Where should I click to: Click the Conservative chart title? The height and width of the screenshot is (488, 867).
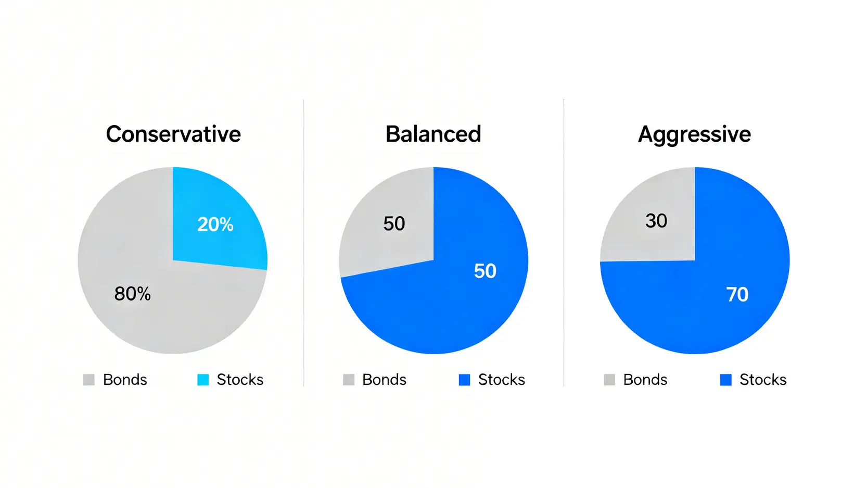point(173,134)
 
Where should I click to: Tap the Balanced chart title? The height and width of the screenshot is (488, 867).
point(433,134)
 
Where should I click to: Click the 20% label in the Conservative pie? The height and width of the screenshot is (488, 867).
point(215,224)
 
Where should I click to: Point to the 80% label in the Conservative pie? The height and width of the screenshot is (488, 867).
point(132,294)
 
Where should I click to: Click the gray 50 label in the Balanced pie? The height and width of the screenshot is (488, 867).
point(394,223)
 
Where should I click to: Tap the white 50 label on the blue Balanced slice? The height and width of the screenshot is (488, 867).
point(485,271)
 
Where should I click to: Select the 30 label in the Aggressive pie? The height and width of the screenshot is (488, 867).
point(656,221)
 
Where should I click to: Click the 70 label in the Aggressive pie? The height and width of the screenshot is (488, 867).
point(737,294)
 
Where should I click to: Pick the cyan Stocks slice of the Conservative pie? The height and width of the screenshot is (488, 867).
point(216,221)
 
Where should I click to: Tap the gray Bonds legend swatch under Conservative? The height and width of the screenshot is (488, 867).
point(89,380)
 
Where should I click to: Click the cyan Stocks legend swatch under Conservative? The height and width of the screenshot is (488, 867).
point(203,380)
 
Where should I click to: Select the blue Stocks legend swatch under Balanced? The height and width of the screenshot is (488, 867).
point(464,380)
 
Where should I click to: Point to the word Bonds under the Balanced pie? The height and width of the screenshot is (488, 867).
point(385,380)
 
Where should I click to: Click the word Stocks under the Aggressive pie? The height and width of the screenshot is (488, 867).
point(763,380)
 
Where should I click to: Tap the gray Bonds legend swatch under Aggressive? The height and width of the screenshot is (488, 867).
point(609,380)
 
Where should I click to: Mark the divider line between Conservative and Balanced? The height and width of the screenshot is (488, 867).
point(303,243)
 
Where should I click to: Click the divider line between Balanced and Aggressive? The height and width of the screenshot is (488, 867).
point(564,243)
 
